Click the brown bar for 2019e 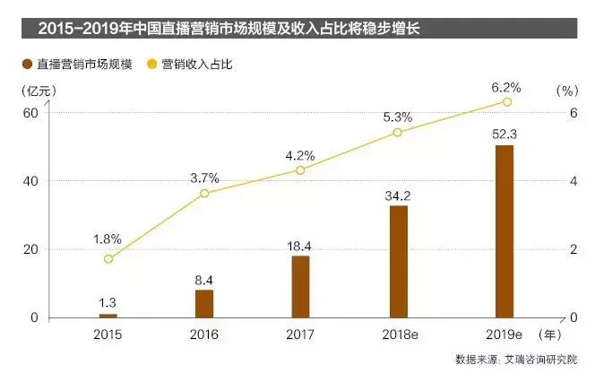[504, 230]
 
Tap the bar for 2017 [301, 286]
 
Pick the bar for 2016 [204, 303]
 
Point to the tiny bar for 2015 [108, 316]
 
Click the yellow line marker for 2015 [108, 258]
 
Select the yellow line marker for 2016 [204, 193]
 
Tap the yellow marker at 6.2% [506, 102]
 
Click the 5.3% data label [397, 117]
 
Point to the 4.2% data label [300, 154]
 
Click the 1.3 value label [108, 302]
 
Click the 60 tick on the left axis [30, 112]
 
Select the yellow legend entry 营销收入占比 [201, 65]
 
